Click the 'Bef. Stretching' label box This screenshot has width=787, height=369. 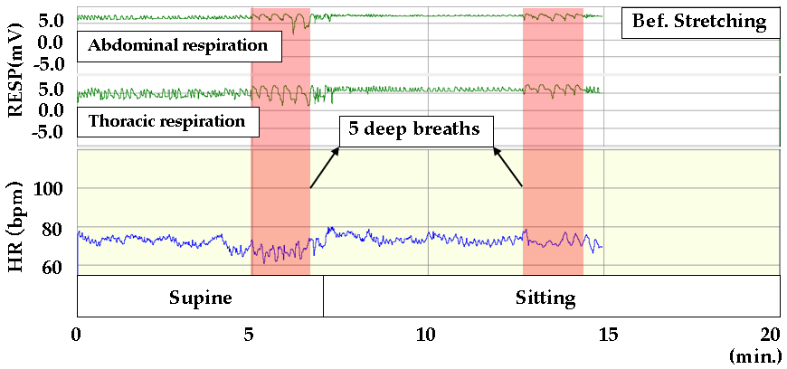[x=699, y=21]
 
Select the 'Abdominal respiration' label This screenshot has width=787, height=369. [x=177, y=45]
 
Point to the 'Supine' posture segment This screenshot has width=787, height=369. [x=200, y=297]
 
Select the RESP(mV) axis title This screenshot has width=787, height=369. [x=15, y=72]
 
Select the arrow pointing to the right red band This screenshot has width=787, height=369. [x=508, y=166]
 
